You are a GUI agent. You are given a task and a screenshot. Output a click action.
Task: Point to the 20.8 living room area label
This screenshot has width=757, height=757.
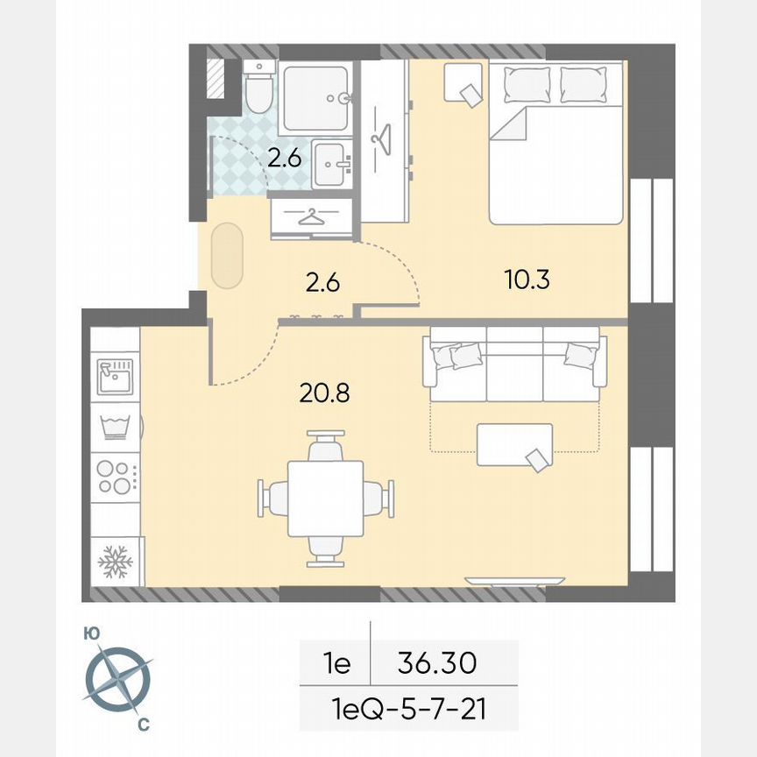coord(324,393)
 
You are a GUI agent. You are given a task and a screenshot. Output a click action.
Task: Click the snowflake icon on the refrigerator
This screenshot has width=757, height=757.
coord(113,561)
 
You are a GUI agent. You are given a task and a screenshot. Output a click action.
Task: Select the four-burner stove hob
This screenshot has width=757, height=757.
coord(114,476)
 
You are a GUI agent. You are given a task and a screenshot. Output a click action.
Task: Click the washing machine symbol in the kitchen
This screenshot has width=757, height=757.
coord(114,427)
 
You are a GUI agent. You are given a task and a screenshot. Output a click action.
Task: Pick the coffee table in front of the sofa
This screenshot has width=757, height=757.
coord(514,444)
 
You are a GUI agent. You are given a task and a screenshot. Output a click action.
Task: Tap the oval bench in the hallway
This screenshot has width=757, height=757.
coord(227,254)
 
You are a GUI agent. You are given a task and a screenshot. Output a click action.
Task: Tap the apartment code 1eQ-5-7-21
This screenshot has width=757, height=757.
coord(408,707)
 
